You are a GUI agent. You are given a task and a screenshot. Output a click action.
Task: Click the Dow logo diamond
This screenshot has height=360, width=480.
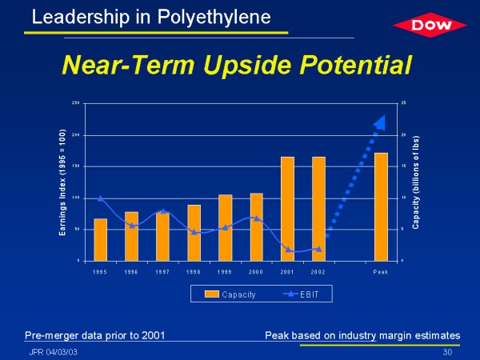[x=430, y=25]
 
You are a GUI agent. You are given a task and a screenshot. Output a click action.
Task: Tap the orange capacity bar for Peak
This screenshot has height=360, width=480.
[x=381, y=206]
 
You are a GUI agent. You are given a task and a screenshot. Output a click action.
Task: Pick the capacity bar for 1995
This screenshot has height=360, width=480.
[x=101, y=239]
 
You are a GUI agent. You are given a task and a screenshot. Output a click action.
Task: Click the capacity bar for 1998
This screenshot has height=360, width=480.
[x=194, y=233]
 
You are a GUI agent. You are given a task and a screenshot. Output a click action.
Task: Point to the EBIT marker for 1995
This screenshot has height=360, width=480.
[x=101, y=198]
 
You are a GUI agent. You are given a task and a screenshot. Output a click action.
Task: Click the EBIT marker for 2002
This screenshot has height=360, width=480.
[x=318, y=249]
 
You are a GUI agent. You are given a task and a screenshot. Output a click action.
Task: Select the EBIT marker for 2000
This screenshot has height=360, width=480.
[x=256, y=218]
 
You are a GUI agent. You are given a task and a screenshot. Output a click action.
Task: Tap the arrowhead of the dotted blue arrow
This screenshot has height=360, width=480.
[x=379, y=122]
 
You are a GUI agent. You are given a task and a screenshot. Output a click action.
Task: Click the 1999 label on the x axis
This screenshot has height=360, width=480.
[x=225, y=272]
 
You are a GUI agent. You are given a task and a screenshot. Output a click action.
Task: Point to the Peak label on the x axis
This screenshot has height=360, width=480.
[x=381, y=272]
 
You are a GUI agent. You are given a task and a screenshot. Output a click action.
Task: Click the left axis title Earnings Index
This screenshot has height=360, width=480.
[x=63, y=182]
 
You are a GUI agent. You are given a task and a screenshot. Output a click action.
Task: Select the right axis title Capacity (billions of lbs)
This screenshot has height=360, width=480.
[x=416, y=182]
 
